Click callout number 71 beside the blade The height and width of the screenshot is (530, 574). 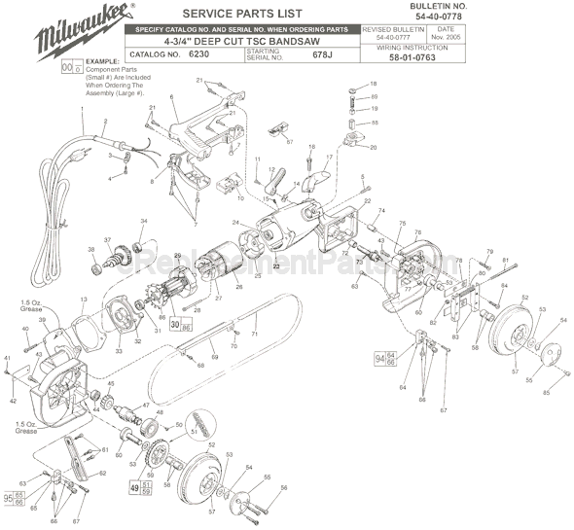coord(254,334)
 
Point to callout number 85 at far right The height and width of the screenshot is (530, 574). coord(547,392)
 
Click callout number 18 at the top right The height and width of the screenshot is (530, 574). coord(373,86)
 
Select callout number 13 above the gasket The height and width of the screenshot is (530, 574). coord(84,299)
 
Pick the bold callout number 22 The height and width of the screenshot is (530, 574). coord(275,265)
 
